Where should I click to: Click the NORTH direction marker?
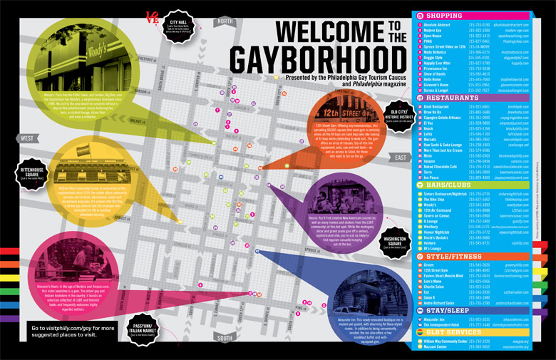click(x=225, y=21)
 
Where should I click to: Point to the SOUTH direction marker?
click(x=225, y=337)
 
